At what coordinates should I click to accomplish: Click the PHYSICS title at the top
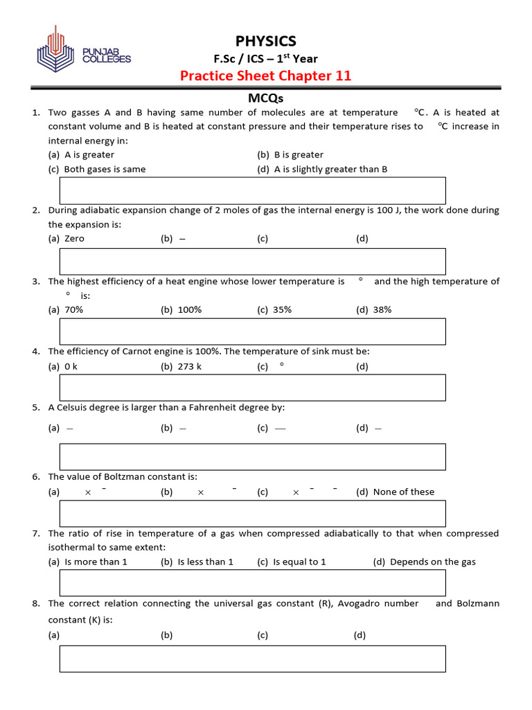point(265,41)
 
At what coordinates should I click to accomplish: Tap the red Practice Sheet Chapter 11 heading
point(265,76)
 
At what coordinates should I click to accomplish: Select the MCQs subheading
point(266,98)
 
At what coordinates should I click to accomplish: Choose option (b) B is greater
point(290,155)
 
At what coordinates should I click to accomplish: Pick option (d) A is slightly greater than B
point(322,169)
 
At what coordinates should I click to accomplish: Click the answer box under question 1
point(252,191)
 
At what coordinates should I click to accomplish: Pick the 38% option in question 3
point(374,310)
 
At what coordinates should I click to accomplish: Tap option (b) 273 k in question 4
point(181,367)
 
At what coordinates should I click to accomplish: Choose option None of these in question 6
point(396,492)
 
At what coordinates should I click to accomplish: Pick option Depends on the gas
point(424,562)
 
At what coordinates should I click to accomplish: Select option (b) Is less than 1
point(197,562)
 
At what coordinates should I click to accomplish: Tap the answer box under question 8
point(252,659)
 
